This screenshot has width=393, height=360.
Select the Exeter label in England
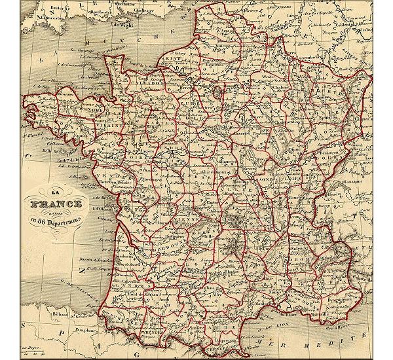(x=53, y=7)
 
